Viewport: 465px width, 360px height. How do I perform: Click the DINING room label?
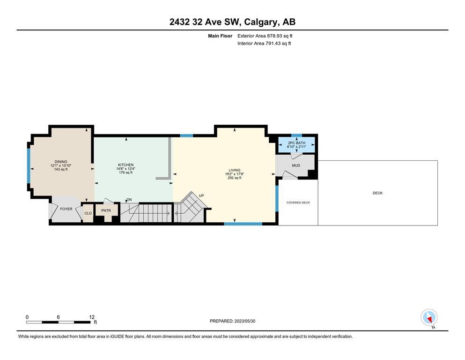tap(61, 162)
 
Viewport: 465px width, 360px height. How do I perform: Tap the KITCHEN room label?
tap(126, 165)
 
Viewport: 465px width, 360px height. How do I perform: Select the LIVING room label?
tap(234, 170)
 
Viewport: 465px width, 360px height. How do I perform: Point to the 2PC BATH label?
tap(296, 143)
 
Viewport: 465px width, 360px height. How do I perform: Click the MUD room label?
tap(296, 165)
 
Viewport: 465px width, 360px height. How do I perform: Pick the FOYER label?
tap(66, 209)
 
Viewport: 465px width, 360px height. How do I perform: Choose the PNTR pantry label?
tap(106, 210)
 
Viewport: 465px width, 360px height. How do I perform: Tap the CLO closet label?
tap(88, 213)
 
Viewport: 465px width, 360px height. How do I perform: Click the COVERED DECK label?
tap(298, 202)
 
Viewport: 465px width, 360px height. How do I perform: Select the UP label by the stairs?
tap(201, 195)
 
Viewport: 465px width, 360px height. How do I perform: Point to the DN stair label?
tap(129, 200)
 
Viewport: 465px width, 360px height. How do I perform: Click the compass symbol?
tap(429, 317)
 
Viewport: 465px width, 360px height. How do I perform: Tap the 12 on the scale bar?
tap(92, 317)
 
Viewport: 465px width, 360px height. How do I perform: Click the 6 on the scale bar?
tap(58, 317)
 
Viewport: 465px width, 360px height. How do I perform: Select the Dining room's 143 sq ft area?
tap(61, 170)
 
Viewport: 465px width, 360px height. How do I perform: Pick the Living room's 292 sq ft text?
tap(234, 178)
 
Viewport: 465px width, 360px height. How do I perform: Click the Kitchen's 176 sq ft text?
tap(126, 172)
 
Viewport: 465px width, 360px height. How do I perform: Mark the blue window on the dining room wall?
tap(29, 166)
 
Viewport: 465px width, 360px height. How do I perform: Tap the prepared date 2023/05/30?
tap(245, 321)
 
